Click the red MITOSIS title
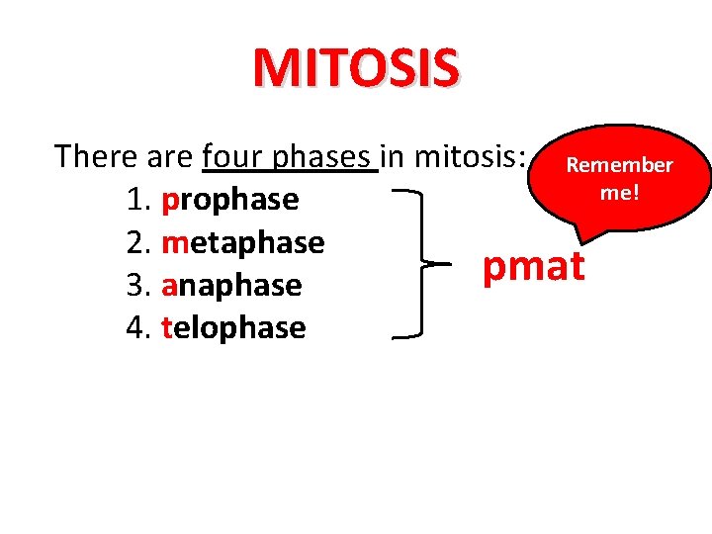pos(356,67)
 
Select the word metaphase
pos(242,242)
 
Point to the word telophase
pos(232,327)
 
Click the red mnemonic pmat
pos(534,266)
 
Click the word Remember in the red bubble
pos(618,165)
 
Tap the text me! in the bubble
pos(620,191)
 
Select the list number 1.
pos(135,200)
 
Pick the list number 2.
pos(135,242)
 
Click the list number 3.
pos(135,285)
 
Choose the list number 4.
pos(135,327)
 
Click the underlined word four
pos(232,156)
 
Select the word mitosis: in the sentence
pos(469,156)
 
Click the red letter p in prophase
pos(168,202)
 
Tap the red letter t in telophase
pos(165,327)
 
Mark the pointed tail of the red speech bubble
pos(580,235)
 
